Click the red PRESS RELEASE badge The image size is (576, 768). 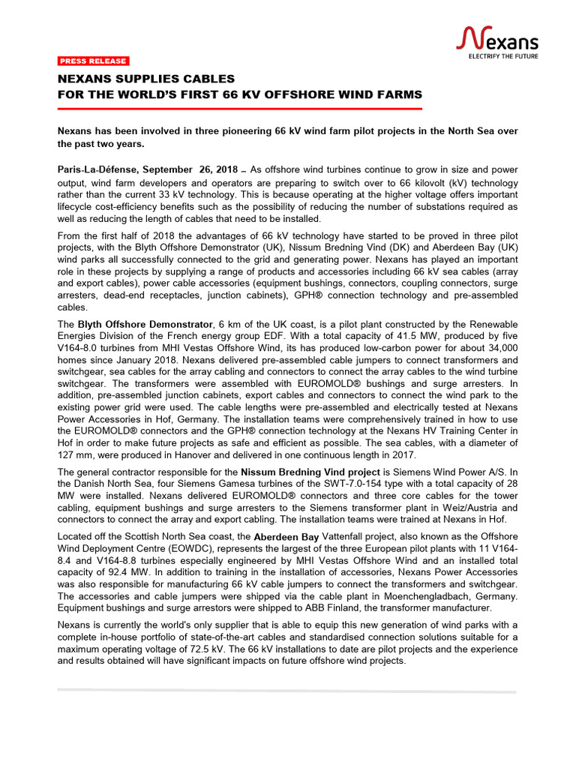93,61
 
